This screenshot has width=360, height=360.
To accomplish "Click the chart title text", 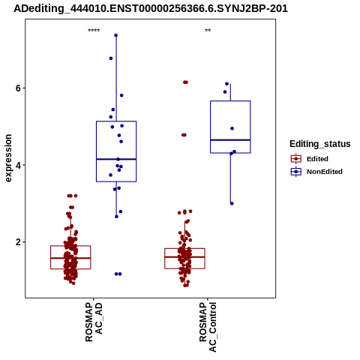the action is pyautogui.click(x=151, y=8).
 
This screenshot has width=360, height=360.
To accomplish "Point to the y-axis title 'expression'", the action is pyautogui.click(x=8, y=158).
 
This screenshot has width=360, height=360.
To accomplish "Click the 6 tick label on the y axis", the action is pyautogui.click(x=18, y=88).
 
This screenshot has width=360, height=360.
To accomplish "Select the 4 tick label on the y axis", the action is pyautogui.click(x=18, y=165).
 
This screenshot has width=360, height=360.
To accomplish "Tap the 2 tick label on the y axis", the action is pyautogui.click(x=18, y=242).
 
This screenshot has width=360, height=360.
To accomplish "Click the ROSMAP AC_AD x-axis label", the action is pyautogui.click(x=94, y=322).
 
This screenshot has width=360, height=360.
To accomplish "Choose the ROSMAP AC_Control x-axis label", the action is pyautogui.click(x=208, y=327).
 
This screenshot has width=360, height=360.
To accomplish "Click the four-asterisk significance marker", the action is pyautogui.click(x=94, y=30).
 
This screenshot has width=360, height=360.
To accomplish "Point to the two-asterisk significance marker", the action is pyautogui.click(x=208, y=30).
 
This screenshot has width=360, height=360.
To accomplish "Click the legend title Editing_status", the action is pyautogui.click(x=320, y=144).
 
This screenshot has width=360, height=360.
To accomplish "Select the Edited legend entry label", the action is pyautogui.click(x=317, y=159).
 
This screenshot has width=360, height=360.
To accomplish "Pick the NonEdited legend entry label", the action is pyautogui.click(x=325, y=172).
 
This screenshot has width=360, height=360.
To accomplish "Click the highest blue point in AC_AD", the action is pyautogui.click(x=116, y=35).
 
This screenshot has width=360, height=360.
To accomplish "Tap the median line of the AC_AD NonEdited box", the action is pyautogui.click(x=116, y=159).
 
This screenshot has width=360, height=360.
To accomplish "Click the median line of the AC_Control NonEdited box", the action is pyautogui.click(x=230, y=140).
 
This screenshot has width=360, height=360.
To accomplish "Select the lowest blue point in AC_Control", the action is pyautogui.click(x=232, y=203).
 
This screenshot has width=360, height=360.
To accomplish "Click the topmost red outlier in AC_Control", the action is pyautogui.click(x=185, y=82).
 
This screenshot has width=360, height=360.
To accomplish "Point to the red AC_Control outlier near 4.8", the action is pyautogui.click(x=184, y=135).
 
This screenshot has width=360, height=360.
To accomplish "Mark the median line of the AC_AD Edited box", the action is pyautogui.click(x=70, y=258).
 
